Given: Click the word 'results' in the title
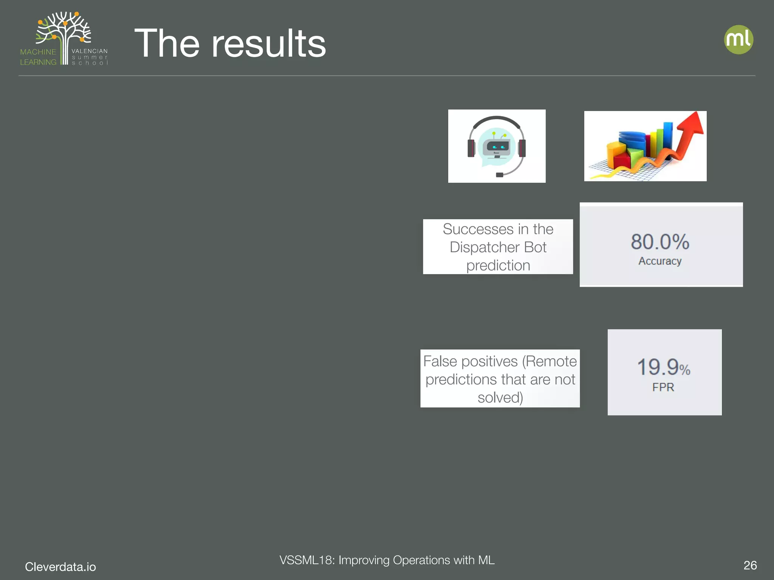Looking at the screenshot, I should pos(268,44).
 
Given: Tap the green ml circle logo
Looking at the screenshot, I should pos(738,39).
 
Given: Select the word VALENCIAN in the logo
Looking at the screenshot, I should pos(90,51).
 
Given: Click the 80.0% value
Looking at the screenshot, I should pos(660,242).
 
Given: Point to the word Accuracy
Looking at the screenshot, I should pos(660,261).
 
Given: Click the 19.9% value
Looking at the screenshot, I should pos(663,367).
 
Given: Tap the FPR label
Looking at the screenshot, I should pos(663,387).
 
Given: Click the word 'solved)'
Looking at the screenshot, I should pos(500,398).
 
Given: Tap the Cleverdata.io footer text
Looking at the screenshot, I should pos(60,567).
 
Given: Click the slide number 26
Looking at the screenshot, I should pos(750,565).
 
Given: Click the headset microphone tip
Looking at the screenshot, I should pos(499,175).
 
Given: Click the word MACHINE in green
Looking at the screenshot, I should pos(38,52).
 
